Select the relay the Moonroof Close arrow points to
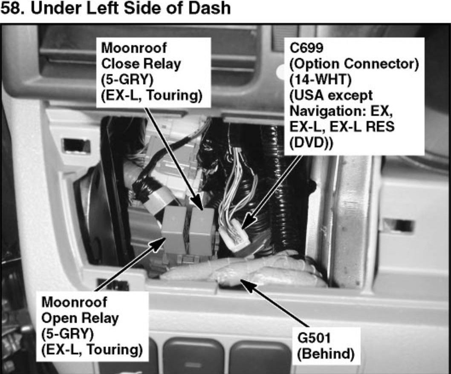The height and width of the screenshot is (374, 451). tap(202, 230)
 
